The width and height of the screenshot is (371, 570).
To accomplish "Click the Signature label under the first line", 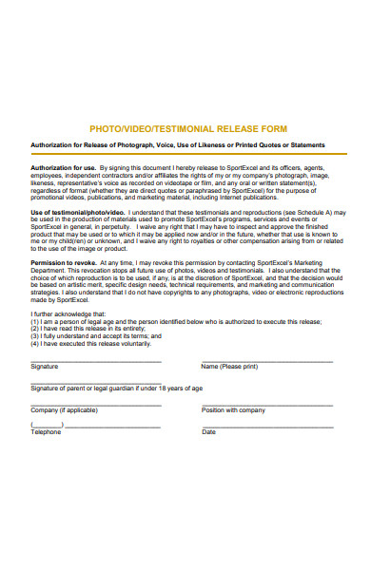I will (44, 366).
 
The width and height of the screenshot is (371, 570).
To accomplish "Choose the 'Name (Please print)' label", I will (229, 366).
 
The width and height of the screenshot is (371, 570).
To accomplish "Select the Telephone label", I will (46, 431).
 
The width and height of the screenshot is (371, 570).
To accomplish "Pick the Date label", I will (208, 431).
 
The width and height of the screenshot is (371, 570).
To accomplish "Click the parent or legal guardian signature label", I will (116, 388).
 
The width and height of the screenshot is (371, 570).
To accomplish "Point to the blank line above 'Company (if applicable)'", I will (95, 404).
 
